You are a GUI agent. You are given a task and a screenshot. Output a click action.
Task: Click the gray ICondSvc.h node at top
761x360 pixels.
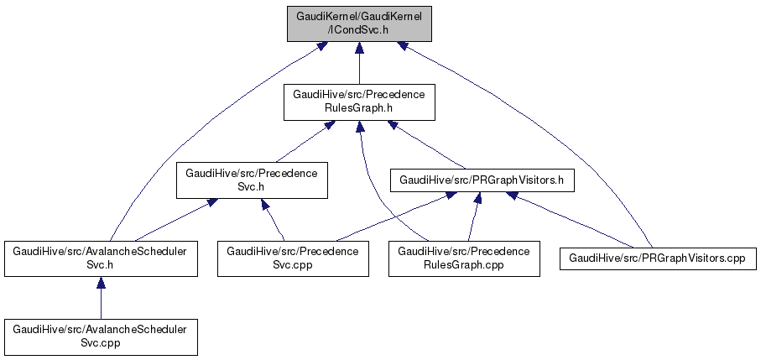pyautogui.click(x=358, y=23)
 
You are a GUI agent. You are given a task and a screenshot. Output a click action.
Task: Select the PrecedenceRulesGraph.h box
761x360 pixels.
pyautogui.click(x=358, y=102)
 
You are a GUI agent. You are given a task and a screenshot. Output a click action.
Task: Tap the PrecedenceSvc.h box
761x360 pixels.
pyautogui.click(x=251, y=180)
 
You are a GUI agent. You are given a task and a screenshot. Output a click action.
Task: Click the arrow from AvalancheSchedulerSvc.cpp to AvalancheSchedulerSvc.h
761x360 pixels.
pyautogui.click(x=101, y=298)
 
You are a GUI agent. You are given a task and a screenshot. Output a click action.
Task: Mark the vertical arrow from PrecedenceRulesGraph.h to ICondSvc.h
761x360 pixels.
pyautogui.click(x=358, y=64)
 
